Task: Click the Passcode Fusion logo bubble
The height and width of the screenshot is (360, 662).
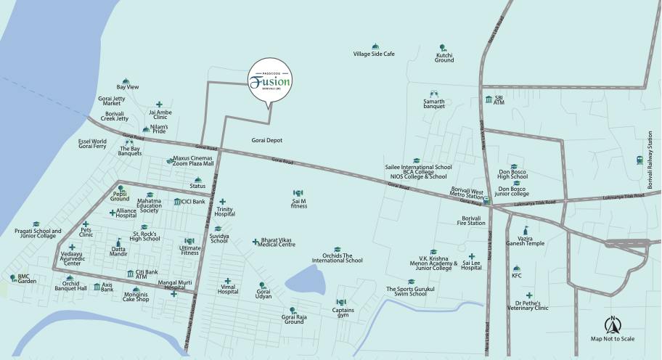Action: point(269,81)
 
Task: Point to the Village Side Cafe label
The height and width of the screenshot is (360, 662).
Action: point(373,54)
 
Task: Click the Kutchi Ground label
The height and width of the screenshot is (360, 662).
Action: point(444,57)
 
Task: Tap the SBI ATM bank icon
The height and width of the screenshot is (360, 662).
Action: point(489,99)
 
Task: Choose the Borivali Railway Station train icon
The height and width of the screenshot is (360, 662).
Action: point(639,160)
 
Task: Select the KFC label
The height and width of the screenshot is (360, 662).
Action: point(516,276)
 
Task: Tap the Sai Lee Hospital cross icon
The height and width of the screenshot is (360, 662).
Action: point(472,256)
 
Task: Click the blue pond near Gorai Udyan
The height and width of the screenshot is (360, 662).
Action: point(304,279)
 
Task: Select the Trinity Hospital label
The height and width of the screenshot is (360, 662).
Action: point(224,212)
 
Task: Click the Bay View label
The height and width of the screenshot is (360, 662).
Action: point(127,87)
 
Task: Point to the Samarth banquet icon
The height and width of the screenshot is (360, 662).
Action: point(434,94)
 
